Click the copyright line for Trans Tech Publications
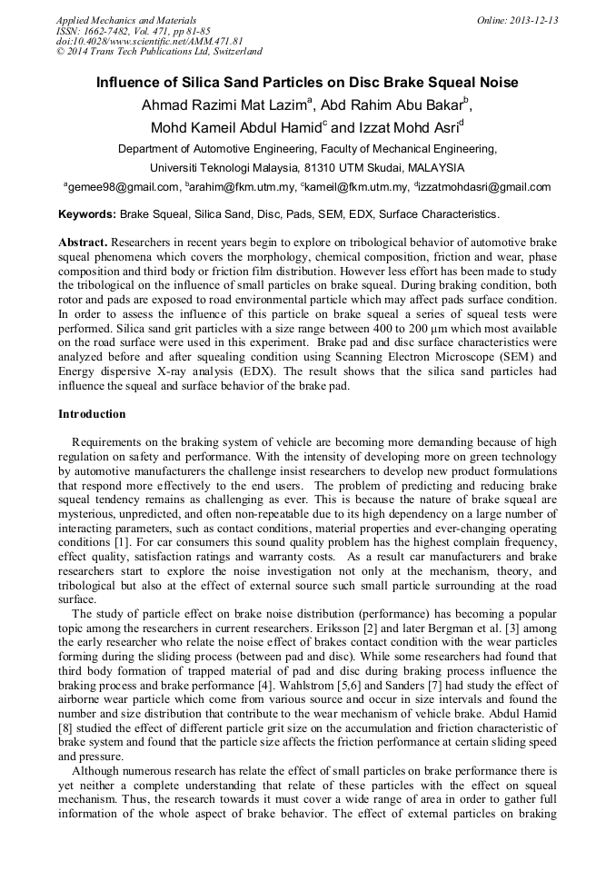[x=159, y=52]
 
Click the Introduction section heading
[x=92, y=414]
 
